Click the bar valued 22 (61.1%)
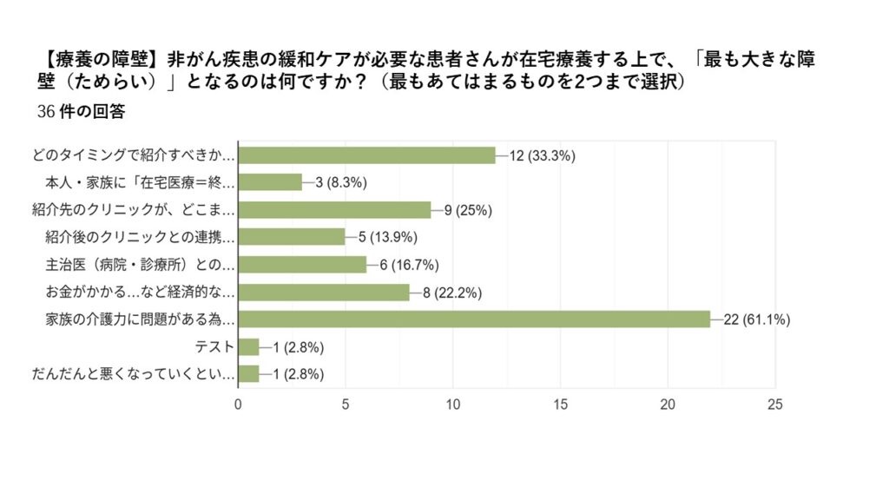pyautogui.click(x=474, y=319)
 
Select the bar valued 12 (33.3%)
pyautogui.click(x=366, y=155)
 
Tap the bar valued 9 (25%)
pyautogui.click(x=334, y=209)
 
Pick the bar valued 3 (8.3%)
pyautogui.click(x=270, y=182)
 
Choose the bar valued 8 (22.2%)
pyautogui.click(x=324, y=293)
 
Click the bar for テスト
pyautogui.click(x=248, y=347)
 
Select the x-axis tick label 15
pyautogui.click(x=560, y=405)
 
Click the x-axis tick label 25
pyautogui.click(x=775, y=405)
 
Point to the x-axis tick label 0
pyautogui.click(x=238, y=405)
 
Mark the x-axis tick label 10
pyautogui.click(x=452, y=405)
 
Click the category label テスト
pyautogui.click(x=216, y=347)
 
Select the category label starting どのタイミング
pyautogui.click(x=133, y=155)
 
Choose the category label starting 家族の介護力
pyautogui.click(x=140, y=319)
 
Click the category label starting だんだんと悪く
pyautogui.click(x=133, y=374)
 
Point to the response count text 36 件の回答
pyautogui.click(x=83, y=114)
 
